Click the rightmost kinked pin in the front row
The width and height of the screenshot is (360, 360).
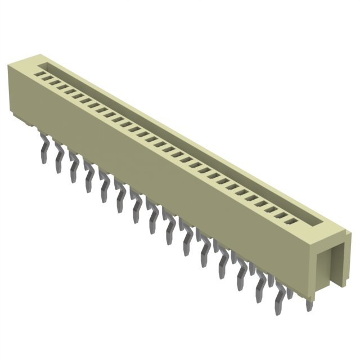click(279, 301)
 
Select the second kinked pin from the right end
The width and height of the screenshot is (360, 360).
click(260, 290)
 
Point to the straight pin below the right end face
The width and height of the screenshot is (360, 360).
click(308, 304)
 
